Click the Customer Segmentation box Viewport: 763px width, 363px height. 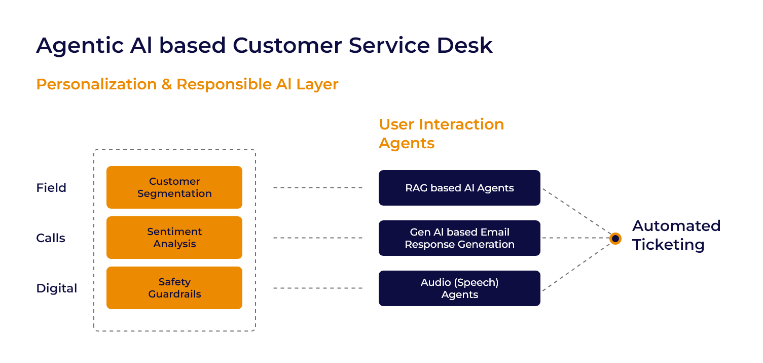(174, 187)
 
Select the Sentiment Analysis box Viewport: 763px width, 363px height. (174, 238)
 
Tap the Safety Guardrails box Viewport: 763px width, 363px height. (174, 287)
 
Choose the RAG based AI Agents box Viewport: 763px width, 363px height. (459, 188)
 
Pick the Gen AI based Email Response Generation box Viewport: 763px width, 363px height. (459, 238)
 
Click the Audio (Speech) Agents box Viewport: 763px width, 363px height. (459, 288)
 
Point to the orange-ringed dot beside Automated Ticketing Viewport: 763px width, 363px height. (615, 239)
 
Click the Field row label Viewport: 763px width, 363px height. (51, 188)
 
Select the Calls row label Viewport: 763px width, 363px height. (50, 238)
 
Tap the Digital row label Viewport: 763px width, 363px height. (57, 288)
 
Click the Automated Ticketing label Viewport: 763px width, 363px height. (676, 235)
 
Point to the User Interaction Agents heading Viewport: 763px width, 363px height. (441, 134)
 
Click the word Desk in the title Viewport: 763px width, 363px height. (464, 45)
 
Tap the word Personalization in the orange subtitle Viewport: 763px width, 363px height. (96, 85)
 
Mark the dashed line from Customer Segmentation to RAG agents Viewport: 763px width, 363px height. (318, 188)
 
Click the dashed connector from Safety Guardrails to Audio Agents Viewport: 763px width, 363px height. (318, 288)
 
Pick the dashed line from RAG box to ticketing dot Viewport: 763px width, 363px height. (576, 211)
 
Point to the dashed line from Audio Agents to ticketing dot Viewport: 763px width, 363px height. (576, 267)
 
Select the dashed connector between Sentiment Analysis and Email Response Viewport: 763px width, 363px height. (318, 238)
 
